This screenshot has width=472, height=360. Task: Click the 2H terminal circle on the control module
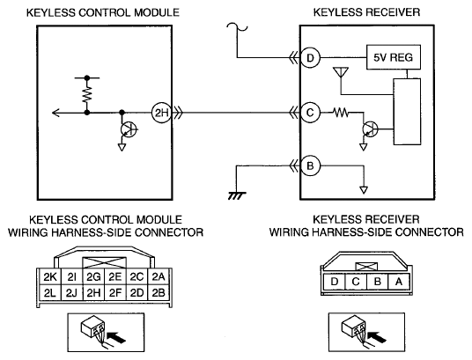coord(161,113)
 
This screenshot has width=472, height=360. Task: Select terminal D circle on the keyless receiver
coord(310,57)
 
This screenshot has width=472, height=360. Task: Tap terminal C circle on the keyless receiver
coord(310,113)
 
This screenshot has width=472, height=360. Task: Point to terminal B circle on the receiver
coord(310,165)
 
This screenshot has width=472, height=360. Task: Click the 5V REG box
coord(393,57)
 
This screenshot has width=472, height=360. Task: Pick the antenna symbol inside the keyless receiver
coord(341,72)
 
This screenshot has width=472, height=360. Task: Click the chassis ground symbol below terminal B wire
coord(237,196)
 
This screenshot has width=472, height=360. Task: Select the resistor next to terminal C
coord(341,113)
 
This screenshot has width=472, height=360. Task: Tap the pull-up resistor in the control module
coord(87,94)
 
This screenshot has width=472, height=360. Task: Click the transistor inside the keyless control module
coord(129,129)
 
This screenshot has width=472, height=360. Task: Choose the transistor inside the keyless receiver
coord(370,129)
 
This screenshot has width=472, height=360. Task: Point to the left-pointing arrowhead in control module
coord(55,113)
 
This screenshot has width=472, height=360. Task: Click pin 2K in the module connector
coord(50,277)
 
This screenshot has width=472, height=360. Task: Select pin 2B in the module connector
coord(159,292)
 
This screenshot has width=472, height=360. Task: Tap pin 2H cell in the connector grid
coord(93,292)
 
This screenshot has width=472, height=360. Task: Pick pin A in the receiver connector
coord(399,282)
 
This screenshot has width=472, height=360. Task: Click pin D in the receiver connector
coord(334,282)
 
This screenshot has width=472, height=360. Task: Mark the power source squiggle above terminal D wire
coord(237,27)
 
